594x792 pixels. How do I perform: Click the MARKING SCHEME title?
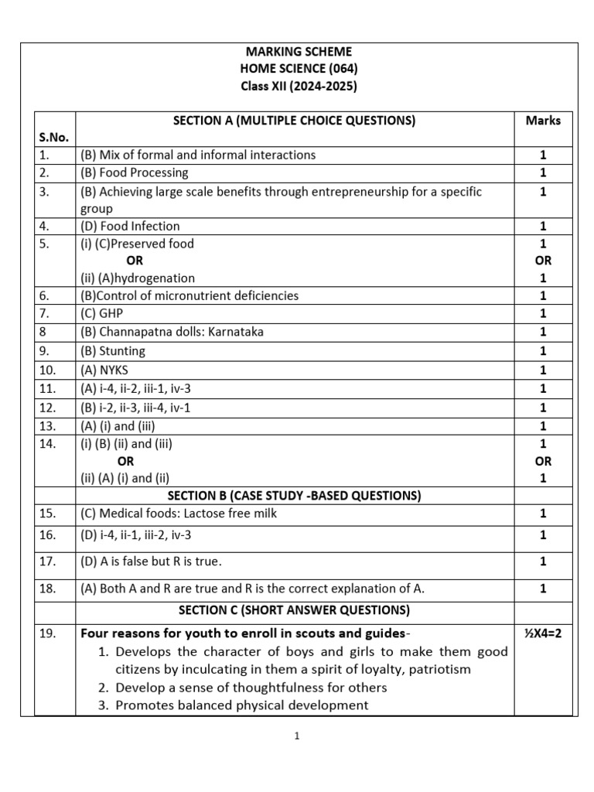298,52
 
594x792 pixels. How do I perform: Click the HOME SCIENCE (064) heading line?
298,69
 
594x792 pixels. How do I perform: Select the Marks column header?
543,120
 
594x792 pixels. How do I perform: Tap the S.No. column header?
53,137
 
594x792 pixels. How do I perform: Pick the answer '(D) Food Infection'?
130,226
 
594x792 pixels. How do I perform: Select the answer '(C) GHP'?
101,313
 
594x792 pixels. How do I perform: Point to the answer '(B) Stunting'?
113,350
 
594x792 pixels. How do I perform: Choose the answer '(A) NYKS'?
104,370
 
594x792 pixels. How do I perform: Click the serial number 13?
47,425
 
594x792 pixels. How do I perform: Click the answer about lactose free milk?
178,513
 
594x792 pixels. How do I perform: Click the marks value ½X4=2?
543,633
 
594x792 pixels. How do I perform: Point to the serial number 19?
47,633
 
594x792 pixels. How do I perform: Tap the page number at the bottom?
296,736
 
